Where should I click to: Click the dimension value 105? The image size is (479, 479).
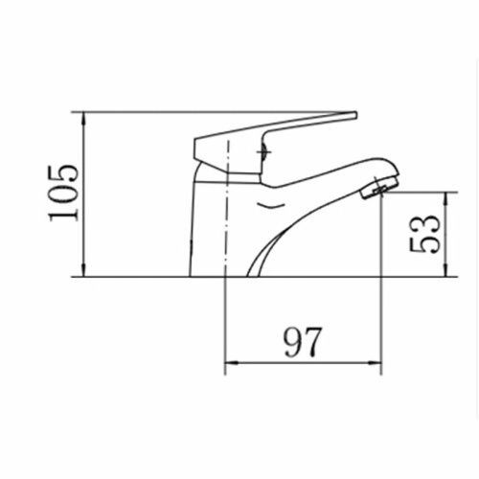click(x=63, y=193)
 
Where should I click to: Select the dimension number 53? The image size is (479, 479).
click(x=424, y=233)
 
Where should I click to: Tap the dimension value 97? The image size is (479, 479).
click(x=302, y=342)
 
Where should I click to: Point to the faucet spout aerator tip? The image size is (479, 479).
click(x=378, y=189)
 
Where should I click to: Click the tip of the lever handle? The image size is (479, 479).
click(x=354, y=115)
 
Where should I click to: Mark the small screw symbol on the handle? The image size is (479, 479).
click(x=264, y=151)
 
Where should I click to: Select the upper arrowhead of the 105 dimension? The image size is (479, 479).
click(x=83, y=120)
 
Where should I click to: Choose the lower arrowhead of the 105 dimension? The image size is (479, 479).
click(x=83, y=269)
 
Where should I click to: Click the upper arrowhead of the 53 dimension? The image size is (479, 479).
click(x=446, y=199)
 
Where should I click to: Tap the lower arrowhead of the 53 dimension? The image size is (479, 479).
click(x=446, y=269)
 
